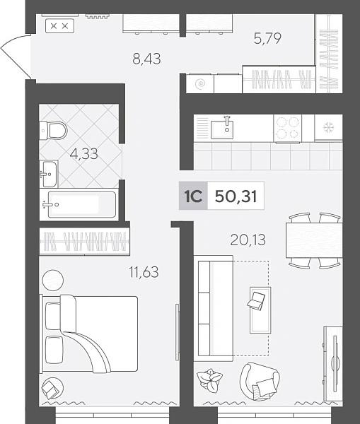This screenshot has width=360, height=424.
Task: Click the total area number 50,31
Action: click(x=236, y=196)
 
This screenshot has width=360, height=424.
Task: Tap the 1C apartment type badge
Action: click(x=193, y=196)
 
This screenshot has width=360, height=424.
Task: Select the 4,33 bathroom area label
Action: click(x=83, y=154)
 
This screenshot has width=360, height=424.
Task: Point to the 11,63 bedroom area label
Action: click(x=144, y=272)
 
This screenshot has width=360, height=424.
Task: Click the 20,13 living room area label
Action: click(x=248, y=240)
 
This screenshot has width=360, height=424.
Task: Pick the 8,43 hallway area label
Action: click(x=146, y=59)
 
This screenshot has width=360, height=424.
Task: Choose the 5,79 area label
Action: click(x=267, y=38)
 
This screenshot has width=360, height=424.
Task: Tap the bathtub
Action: click(x=81, y=204)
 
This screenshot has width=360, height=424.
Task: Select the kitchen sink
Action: click(x=222, y=129)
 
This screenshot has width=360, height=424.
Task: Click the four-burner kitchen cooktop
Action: click(x=287, y=129)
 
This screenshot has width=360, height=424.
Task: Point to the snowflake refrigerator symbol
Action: click(x=329, y=127)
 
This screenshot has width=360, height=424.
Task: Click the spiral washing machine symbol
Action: click(x=200, y=83)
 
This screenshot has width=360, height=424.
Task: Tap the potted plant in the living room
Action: click(x=209, y=379)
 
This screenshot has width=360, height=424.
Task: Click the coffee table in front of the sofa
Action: click(x=260, y=310)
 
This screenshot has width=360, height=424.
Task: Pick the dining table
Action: click(x=314, y=240)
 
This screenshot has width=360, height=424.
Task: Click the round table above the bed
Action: click(x=53, y=280)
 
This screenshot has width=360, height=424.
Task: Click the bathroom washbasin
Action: click(x=49, y=174)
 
